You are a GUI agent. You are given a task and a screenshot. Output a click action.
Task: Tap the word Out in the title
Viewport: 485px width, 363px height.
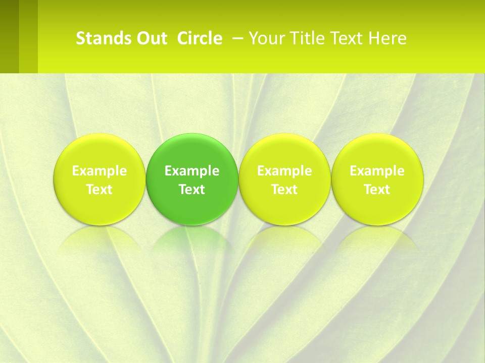(x=151, y=38)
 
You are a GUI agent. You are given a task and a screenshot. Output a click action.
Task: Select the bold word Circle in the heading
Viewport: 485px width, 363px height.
(x=200, y=38)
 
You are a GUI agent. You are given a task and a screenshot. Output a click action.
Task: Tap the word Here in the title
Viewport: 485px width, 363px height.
(x=386, y=38)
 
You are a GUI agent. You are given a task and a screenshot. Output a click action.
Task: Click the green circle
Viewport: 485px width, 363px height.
(x=192, y=151)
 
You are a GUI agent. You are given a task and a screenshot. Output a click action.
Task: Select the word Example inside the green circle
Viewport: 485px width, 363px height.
(x=192, y=171)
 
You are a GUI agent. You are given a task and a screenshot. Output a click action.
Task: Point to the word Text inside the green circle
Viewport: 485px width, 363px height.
(x=192, y=190)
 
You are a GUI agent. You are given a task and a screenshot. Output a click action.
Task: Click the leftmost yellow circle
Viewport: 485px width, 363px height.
(x=100, y=151)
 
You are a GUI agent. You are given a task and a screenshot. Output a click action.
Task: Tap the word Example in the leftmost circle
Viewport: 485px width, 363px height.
(x=100, y=171)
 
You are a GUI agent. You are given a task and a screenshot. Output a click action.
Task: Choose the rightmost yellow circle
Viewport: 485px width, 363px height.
(x=377, y=151)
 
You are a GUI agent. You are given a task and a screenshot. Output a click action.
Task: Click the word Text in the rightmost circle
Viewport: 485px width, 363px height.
(x=377, y=190)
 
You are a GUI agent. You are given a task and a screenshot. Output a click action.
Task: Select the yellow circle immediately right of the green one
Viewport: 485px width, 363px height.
(x=284, y=151)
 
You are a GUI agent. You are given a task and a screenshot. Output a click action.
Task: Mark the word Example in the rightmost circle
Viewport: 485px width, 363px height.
(x=377, y=171)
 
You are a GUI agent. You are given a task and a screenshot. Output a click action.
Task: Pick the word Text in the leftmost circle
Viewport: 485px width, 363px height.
(x=100, y=190)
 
